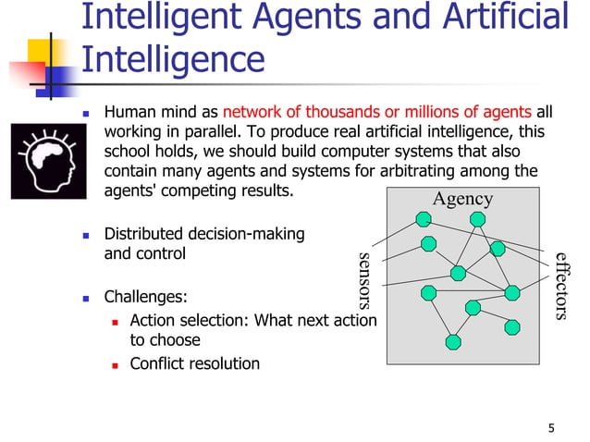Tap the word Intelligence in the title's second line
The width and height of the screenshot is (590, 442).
[173, 60]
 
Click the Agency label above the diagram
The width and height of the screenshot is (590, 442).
[462, 200]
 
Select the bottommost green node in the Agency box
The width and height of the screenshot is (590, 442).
[452, 341]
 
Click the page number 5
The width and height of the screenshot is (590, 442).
[552, 427]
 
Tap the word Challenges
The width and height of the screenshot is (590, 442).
[145, 299]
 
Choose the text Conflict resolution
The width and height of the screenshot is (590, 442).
[194, 363]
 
